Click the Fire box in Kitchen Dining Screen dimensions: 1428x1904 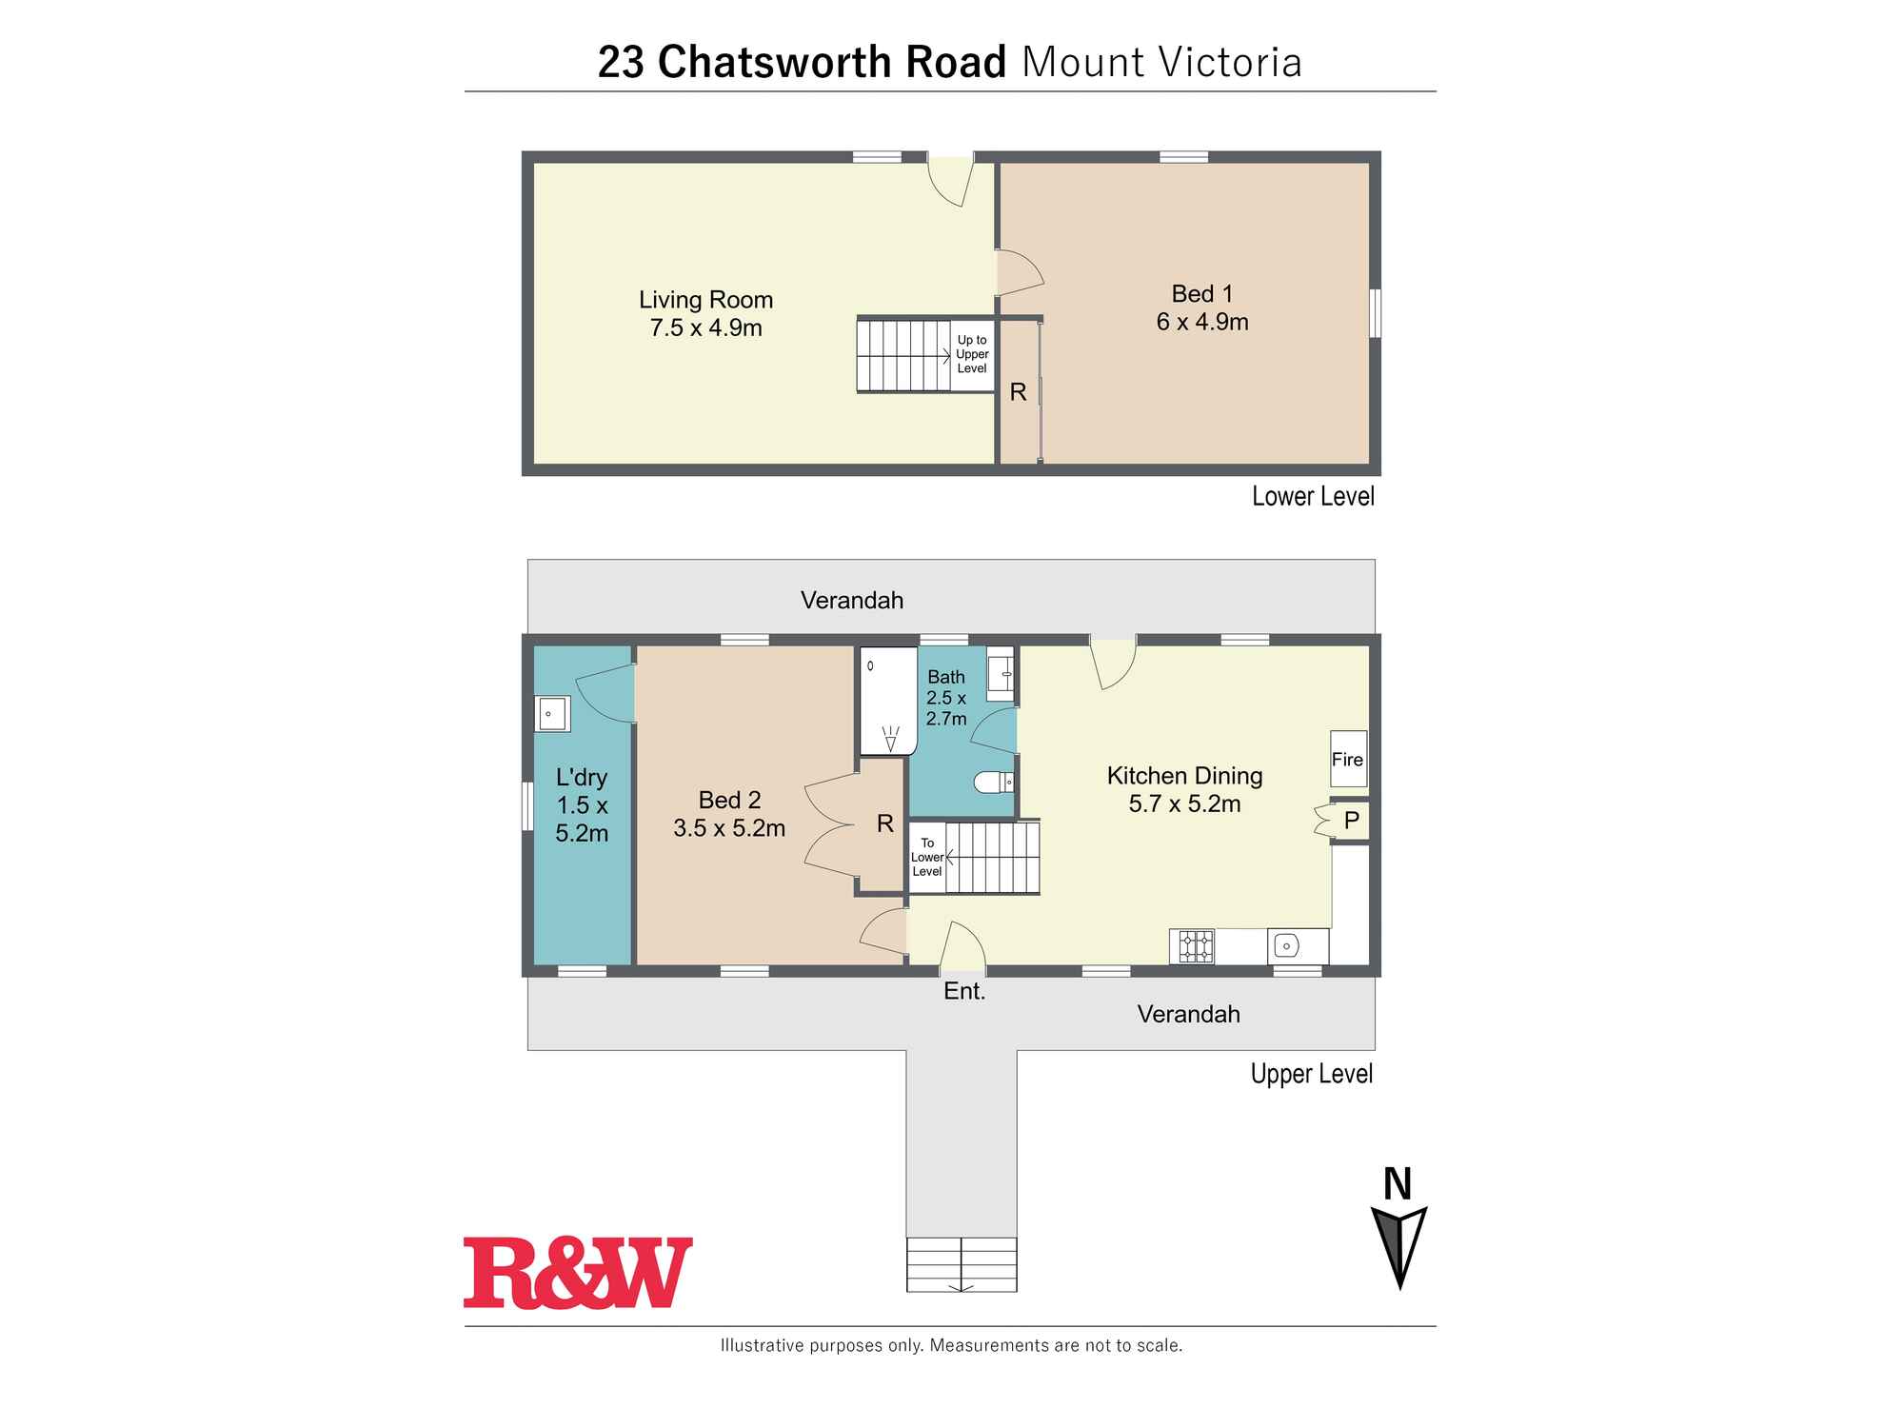1348,759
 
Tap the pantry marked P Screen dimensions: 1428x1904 1351,820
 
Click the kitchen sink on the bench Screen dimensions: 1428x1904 1286,946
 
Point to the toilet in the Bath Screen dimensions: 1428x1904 994,783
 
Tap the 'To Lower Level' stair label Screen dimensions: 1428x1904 927,858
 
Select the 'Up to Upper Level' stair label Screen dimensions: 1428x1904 972,354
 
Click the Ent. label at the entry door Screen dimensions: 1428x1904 964,992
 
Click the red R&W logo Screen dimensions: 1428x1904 578,1273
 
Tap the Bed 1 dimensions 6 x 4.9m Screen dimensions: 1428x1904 1202,323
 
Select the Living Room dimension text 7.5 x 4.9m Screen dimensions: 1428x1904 705,328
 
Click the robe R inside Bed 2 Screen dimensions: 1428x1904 884,824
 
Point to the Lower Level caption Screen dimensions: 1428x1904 1313,496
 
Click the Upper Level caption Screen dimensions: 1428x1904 1311,1074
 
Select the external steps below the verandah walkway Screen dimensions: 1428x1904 962,1264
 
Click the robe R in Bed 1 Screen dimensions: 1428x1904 1018,392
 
